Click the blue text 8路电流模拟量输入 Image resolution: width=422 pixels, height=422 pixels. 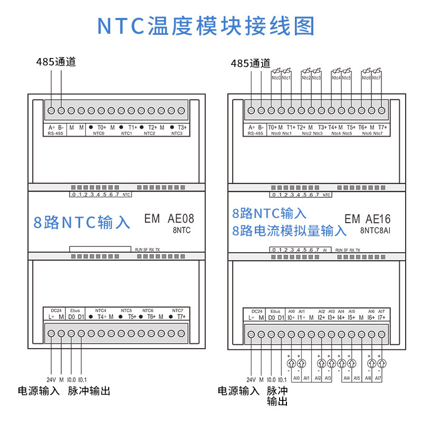click(x=290, y=231)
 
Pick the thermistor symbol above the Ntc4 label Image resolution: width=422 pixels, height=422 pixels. click(x=336, y=71)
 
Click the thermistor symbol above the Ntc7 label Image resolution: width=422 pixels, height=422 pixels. click(x=376, y=71)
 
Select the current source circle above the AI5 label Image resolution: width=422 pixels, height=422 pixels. click(x=351, y=363)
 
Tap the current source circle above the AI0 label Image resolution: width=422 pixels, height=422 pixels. click(x=291, y=363)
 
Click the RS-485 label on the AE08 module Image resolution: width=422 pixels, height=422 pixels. click(x=55, y=133)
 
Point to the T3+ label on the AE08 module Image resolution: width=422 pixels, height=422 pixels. click(x=183, y=127)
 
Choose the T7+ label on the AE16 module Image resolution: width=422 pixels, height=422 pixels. click(x=382, y=127)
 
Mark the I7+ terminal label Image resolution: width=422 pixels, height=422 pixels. click(x=382, y=318)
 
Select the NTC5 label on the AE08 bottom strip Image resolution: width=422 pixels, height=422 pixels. click(x=126, y=311)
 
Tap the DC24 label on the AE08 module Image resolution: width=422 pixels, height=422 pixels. click(x=56, y=311)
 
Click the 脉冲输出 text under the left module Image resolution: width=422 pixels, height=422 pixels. click(x=89, y=391)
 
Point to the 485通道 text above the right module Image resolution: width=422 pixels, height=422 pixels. click(x=251, y=63)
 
